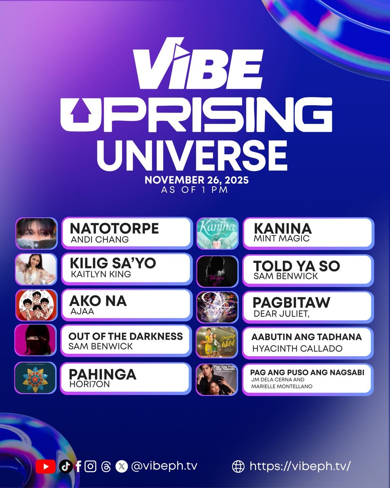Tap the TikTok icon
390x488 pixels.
[65, 466]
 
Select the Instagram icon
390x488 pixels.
[91, 466]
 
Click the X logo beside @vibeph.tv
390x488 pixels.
[121, 466]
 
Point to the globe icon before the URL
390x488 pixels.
[238, 466]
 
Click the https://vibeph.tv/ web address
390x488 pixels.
[300, 466]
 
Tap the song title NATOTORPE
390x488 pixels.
[114, 229]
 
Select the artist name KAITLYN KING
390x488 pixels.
[101, 274]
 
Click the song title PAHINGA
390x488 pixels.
[103, 374]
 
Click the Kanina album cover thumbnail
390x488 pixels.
[217, 233]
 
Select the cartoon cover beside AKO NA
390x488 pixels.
[36, 305]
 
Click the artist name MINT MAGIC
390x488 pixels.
[281, 239]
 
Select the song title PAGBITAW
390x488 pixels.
[292, 303]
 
